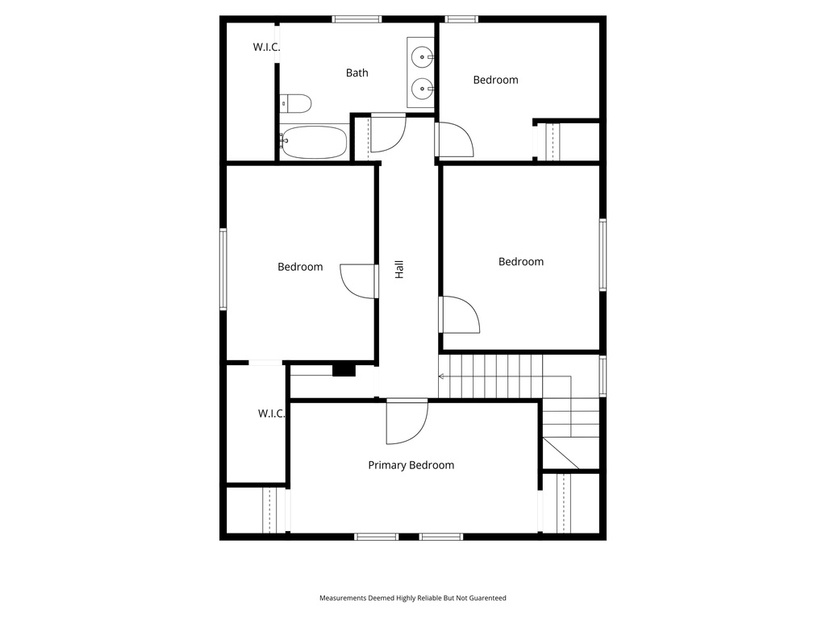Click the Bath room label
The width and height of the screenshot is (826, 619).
tap(357, 73)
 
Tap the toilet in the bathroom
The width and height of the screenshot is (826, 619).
tap(296, 103)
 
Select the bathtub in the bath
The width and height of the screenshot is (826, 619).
tap(315, 143)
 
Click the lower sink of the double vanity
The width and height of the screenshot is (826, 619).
tap(422, 87)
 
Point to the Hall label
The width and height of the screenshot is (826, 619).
tap(398, 269)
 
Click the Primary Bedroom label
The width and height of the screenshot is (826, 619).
tap(411, 465)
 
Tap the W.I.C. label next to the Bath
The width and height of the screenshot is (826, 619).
tap(266, 47)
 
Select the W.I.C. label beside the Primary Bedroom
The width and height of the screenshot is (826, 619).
tap(271, 413)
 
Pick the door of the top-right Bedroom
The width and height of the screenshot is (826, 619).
tap(454, 139)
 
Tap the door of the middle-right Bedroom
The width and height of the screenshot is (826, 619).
tap(460, 314)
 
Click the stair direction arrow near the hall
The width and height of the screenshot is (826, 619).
tap(442, 376)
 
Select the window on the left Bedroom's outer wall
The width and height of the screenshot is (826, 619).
tap(223, 268)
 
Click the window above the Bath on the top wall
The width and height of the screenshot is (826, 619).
tap(357, 19)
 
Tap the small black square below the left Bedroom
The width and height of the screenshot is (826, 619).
tap(344, 370)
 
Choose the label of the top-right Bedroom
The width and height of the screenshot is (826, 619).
tap(495, 80)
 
